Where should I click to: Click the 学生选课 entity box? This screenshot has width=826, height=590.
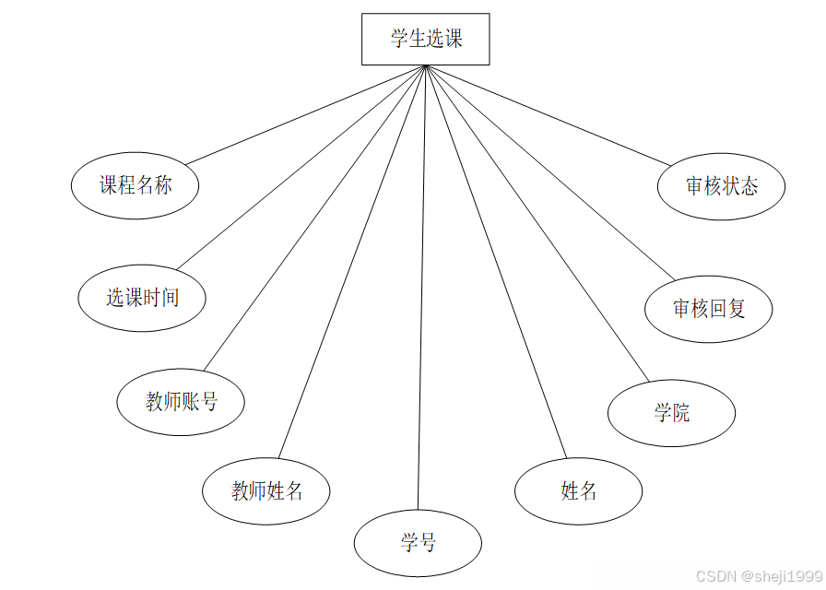[425, 39]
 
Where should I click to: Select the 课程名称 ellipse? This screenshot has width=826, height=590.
[136, 185]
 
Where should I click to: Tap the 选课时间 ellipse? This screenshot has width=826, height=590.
[141, 297]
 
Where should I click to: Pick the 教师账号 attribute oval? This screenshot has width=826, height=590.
[181, 402]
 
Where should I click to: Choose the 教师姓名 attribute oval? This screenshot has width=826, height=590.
[266, 490]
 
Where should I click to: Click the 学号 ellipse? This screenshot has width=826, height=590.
[418, 543]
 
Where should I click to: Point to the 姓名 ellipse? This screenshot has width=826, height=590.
[578, 490]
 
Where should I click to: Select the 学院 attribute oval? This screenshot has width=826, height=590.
[671, 412]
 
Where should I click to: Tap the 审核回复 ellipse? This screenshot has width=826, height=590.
[708, 309]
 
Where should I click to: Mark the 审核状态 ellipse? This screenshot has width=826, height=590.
[721, 185]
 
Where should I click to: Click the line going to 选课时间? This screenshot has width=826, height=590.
[300, 167]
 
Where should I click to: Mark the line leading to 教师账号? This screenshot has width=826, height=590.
[313, 218]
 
